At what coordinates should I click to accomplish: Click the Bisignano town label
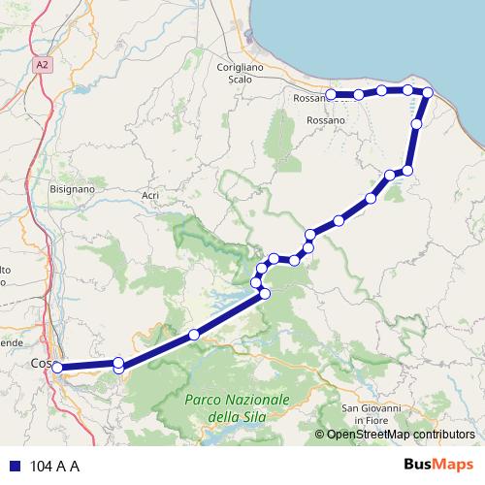72,189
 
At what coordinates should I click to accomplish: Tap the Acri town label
150,196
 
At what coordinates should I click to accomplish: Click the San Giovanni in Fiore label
371,414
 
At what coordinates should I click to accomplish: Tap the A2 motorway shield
42,65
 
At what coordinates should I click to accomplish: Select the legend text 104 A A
55,466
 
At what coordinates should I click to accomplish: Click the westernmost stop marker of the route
57,368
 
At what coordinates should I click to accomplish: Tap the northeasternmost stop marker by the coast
427,92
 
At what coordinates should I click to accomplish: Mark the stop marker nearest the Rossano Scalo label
332,95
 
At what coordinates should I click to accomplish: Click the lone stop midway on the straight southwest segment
194,335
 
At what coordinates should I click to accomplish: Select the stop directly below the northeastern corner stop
417,124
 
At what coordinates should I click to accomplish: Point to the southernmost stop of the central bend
265,293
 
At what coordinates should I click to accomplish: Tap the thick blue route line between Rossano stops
370,92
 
